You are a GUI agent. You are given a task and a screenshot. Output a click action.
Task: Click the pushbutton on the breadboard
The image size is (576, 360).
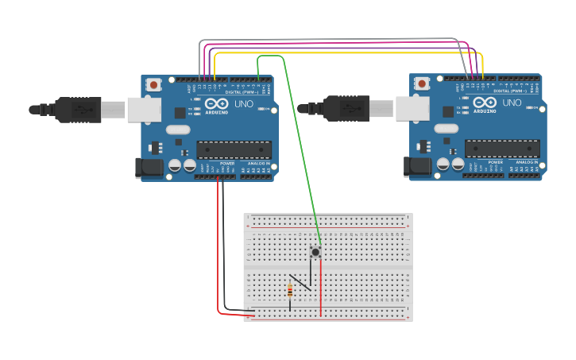coord(315,252)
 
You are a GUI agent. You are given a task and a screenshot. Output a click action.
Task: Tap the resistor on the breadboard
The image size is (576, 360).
coord(289,292)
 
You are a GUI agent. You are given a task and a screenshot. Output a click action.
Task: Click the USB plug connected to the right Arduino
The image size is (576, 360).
coord(346,107)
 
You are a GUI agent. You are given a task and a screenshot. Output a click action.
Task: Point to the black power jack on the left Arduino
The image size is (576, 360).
coord(149,167)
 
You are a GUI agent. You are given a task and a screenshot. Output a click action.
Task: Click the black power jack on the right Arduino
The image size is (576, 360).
coord(417,166)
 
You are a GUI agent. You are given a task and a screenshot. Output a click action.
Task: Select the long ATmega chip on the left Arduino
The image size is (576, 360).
coord(234,149)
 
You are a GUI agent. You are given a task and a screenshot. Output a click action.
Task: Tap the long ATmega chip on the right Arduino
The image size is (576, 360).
coord(502,149)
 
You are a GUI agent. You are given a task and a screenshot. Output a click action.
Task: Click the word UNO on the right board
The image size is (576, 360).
coord(512,103)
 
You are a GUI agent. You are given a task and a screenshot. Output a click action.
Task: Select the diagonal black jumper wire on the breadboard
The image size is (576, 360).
coord(300,281)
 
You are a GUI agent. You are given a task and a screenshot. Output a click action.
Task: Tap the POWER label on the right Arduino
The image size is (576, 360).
coord(496,162)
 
